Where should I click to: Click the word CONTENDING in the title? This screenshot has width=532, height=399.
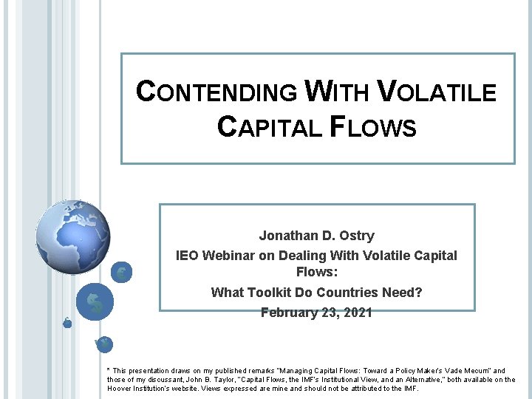click(x=217, y=92)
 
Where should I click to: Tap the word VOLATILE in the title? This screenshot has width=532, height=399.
click(x=436, y=92)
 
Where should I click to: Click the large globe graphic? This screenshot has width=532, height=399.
click(x=72, y=236)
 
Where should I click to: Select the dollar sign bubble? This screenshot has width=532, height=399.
click(x=95, y=302)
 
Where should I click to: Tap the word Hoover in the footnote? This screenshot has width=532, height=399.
click(x=121, y=389)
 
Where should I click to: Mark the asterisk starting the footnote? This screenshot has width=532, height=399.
click(x=109, y=370)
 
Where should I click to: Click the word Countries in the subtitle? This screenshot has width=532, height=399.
click(x=354, y=293)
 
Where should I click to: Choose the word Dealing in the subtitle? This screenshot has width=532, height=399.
click(x=315, y=256)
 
